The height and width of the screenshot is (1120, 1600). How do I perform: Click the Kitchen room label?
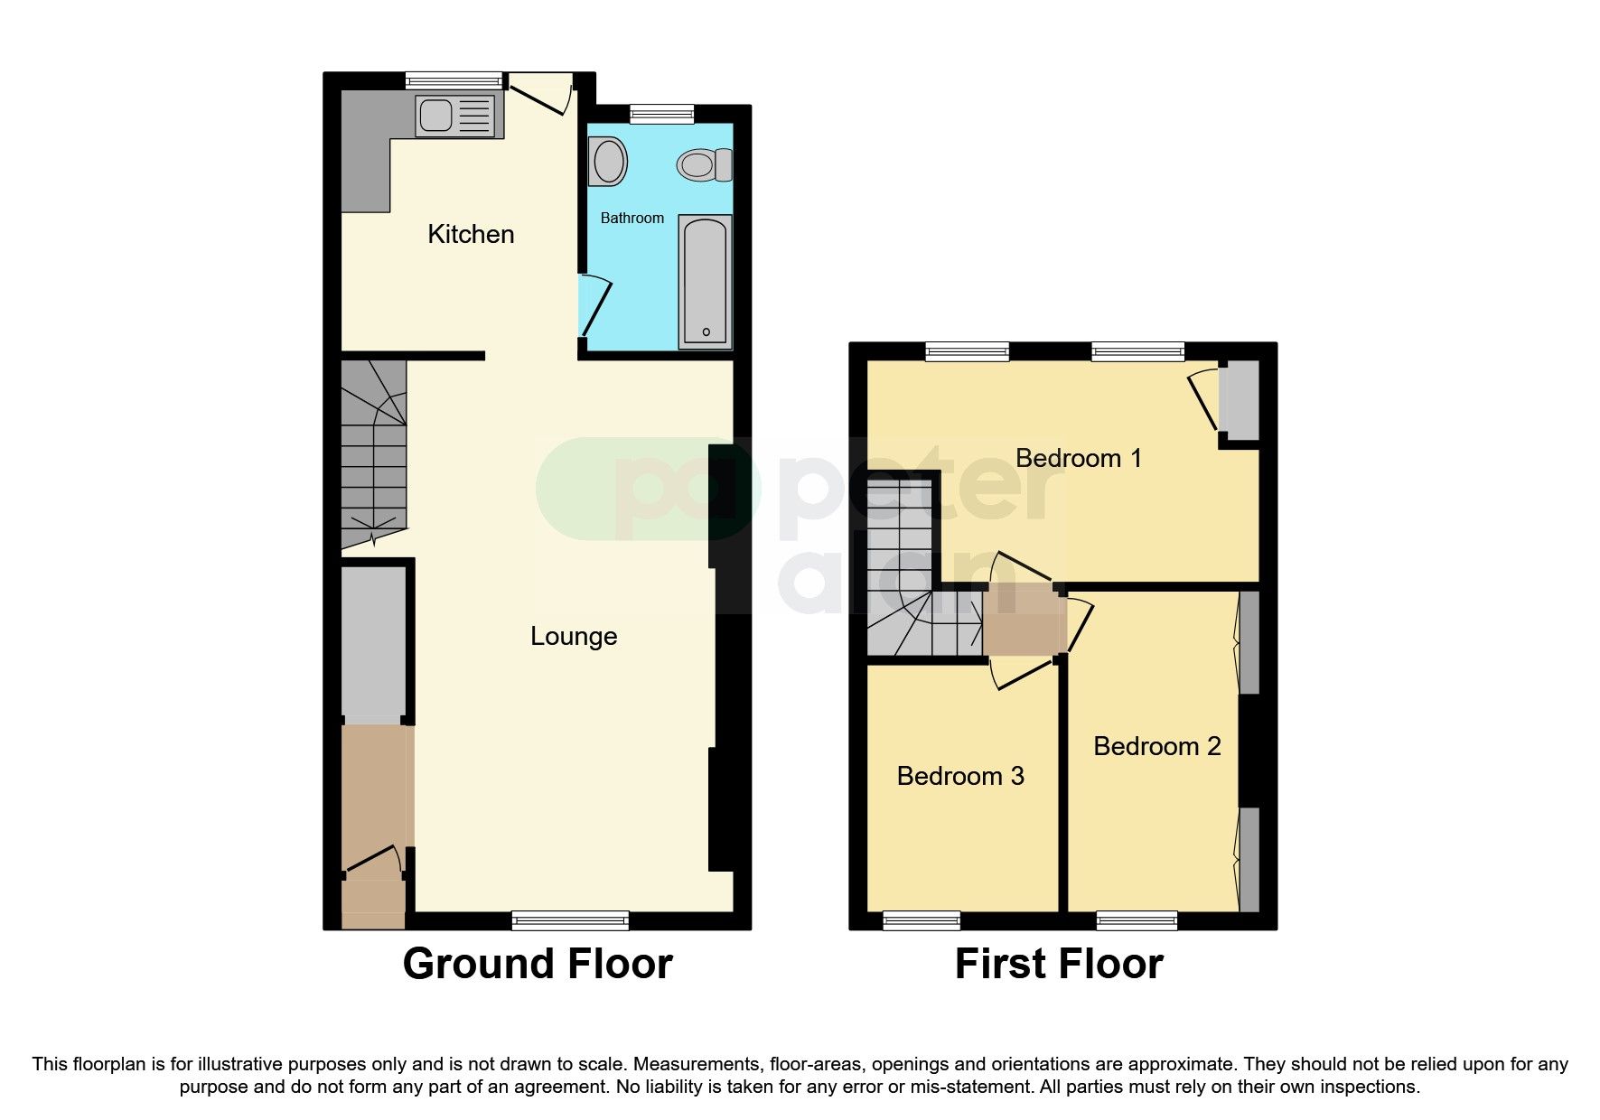(x=471, y=234)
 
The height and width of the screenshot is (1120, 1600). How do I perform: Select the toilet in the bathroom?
(x=704, y=165)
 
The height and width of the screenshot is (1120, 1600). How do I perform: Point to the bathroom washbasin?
(x=608, y=162)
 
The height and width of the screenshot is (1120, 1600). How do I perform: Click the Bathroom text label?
(x=632, y=218)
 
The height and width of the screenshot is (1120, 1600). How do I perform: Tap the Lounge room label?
(x=574, y=636)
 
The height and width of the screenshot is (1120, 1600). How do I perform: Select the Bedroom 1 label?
(x=1078, y=458)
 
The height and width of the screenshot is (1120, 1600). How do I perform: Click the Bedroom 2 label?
(x=1156, y=746)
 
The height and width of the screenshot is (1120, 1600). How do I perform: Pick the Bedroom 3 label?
(x=960, y=776)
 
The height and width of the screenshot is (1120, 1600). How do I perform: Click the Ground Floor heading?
(x=538, y=964)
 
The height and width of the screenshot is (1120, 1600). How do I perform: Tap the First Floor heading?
(x=1059, y=964)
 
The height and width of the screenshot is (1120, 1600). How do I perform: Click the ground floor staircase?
(x=373, y=452)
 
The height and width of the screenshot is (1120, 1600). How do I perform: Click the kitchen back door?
(x=540, y=95)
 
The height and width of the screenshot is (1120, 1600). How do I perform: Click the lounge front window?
(x=570, y=920)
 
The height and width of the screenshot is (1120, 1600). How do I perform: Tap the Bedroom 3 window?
(x=922, y=920)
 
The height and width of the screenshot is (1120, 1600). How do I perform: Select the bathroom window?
(x=662, y=113)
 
